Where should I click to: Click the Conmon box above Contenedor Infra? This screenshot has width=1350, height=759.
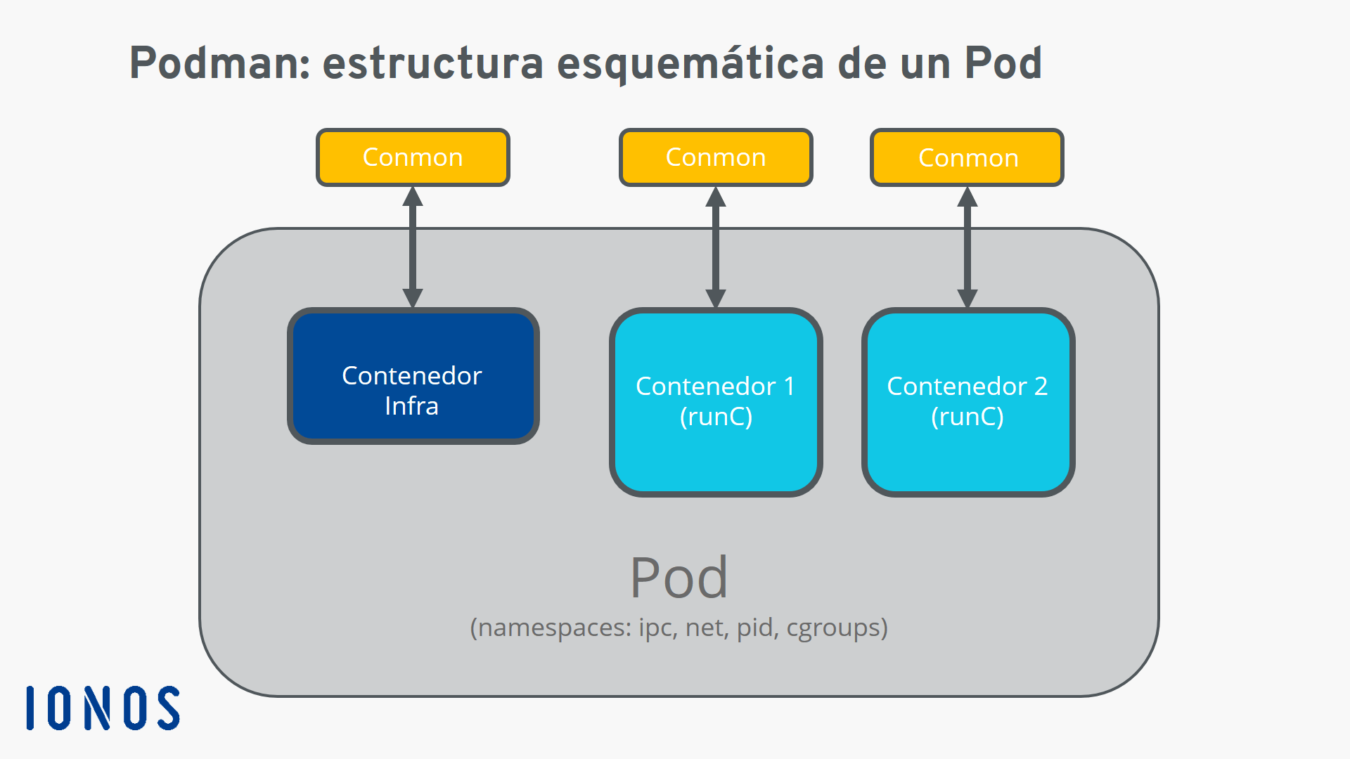tap(413, 157)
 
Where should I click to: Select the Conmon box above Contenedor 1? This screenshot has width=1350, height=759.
tap(716, 157)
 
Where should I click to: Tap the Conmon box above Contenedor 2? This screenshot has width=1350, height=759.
tap(967, 157)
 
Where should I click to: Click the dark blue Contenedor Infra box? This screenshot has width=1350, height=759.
tap(413, 376)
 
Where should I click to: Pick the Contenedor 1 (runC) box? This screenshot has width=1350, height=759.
tap(716, 402)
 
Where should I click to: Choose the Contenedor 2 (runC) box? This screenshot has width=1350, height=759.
tap(968, 402)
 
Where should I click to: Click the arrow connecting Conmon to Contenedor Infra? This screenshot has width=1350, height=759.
tap(413, 247)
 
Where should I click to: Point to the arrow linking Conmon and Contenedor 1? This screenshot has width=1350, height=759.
tap(716, 247)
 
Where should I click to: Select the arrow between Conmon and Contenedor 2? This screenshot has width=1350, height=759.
tap(967, 247)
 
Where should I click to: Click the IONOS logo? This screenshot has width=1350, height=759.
tap(103, 708)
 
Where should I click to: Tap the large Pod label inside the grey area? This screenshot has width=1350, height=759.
tap(679, 578)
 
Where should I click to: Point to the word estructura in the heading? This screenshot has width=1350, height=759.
tap(433, 63)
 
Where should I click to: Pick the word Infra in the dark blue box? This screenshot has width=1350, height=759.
tap(412, 406)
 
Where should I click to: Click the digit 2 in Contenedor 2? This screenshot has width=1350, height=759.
tap(1041, 386)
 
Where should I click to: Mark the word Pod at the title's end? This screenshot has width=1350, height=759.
tap(1003, 63)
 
